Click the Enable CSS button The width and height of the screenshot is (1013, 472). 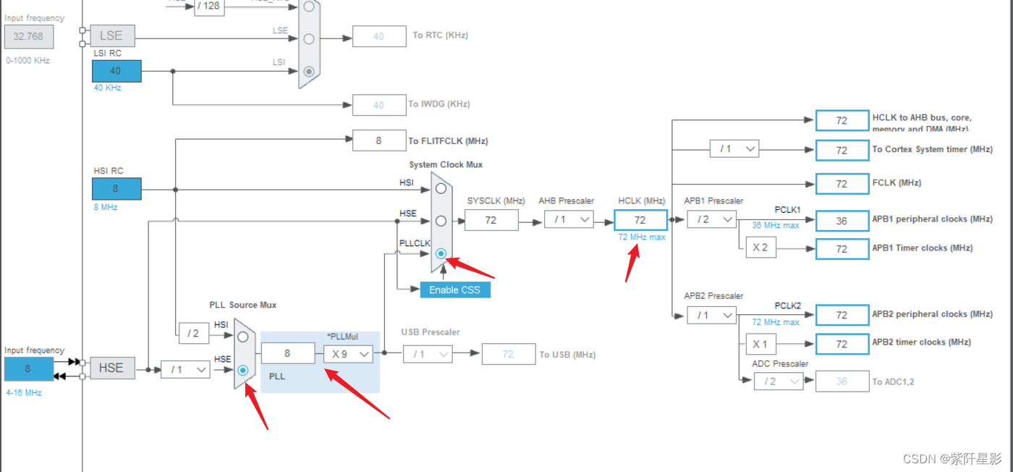coord(454,290)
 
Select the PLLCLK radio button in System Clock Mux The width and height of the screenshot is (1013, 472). coord(441,254)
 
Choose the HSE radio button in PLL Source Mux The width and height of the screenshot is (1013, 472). coord(243,370)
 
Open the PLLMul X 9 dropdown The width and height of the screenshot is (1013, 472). coord(348,353)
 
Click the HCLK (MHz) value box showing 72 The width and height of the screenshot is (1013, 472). coord(640,219)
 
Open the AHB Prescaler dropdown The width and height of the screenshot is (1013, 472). coord(569,219)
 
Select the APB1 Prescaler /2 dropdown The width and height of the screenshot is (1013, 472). coord(711,219)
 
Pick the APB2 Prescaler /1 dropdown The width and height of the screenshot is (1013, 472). coord(711,315)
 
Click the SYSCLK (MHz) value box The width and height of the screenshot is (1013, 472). coord(491,220)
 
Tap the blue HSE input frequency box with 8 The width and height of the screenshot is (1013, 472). coord(28,368)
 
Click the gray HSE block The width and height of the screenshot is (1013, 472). coord(111,368)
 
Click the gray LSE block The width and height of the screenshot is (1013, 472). coord(111,35)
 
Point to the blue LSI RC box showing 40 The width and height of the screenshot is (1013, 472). coord(116,71)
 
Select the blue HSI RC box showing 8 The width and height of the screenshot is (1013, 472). coord(116,189)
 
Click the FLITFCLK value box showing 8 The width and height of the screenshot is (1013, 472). coord(378,140)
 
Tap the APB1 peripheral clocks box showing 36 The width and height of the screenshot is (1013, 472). coord(842,221)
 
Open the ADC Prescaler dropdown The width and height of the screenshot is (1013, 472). coord(778,382)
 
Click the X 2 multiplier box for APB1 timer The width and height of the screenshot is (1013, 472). coord(760,248)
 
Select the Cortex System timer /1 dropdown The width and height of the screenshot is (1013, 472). coord(734,148)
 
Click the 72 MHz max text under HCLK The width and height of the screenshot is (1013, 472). coord(641,237)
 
